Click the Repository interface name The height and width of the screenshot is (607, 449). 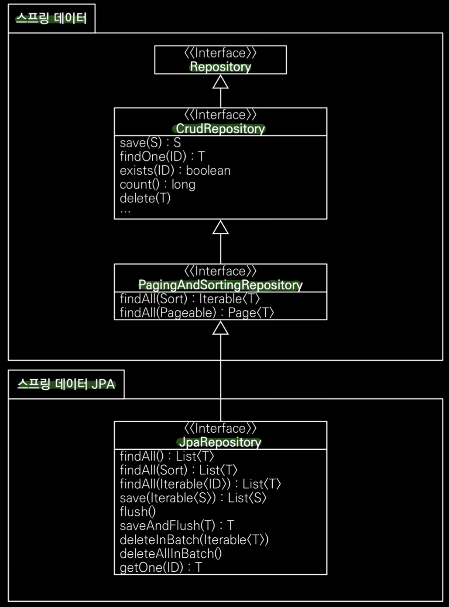(220, 67)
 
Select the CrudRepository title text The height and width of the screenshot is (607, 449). (220, 129)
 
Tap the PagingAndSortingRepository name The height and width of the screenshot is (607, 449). (220, 285)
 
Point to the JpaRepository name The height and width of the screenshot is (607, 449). (220, 442)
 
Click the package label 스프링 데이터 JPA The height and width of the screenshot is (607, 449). (66, 384)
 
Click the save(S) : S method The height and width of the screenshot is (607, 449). (150, 142)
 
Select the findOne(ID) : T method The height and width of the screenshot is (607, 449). (162, 156)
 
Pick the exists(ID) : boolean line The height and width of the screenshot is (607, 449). (175, 170)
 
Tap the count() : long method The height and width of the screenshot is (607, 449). (157, 184)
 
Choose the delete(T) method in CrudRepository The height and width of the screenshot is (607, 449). (145, 198)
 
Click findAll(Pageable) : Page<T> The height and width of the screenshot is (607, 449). (197, 313)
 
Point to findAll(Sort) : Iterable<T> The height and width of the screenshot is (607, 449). (190, 299)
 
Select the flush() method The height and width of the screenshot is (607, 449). (137, 512)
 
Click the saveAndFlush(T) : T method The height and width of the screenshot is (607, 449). (177, 526)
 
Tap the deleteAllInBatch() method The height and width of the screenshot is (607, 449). (171, 553)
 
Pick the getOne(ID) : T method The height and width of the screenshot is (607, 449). (161, 567)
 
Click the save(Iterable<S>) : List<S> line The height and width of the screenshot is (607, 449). (193, 498)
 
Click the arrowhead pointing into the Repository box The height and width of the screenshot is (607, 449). (220, 82)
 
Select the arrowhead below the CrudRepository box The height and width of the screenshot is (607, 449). (220, 227)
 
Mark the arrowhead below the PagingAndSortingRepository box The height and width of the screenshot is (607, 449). (220, 328)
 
